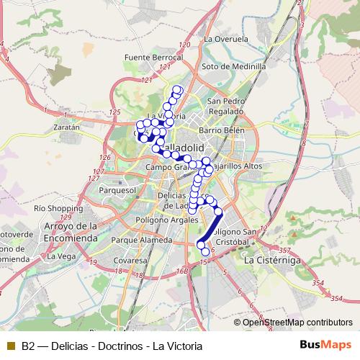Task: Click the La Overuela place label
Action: click(x=226, y=38)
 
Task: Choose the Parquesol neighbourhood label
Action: click(x=117, y=191)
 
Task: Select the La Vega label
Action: click(x=61, y=256)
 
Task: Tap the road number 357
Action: click(x=284, y=249)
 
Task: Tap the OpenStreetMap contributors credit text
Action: click(x=298, y=322)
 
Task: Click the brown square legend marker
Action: click(x=10, y=345)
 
